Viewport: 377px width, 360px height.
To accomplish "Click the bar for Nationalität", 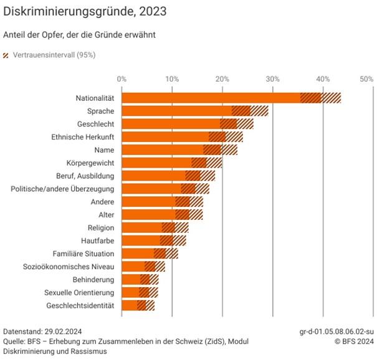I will [x=212, y=98].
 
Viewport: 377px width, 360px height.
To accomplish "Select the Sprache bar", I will [x=177, y=111].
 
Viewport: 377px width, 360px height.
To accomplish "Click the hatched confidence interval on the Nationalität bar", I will [x=321, y=98].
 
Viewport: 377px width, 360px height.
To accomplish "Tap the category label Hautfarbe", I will [x=98, y=240].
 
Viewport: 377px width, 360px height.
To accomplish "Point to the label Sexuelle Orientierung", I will [x=79, y=292].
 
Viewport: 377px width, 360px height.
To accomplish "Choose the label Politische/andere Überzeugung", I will [x=62, y=189].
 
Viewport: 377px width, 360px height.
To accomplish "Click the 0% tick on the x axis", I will [x=122, y=79].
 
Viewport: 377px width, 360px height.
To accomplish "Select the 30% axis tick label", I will [x=272, y=79].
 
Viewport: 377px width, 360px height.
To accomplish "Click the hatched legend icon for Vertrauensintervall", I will [x=7, y=55].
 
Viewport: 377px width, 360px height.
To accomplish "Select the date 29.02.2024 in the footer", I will [x=65, y=331].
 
